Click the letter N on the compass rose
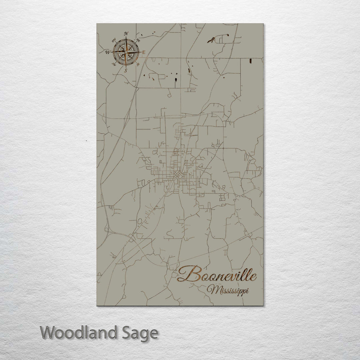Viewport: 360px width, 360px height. coord(126,33)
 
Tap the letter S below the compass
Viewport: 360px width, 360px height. coord(126,70)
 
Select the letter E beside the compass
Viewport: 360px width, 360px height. coord(144,52)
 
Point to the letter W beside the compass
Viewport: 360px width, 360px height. coord(108,52)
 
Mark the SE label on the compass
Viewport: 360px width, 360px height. coord(138,65)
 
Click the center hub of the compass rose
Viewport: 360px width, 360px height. coord(126,52)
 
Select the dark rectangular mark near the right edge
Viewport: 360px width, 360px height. coord(250,61)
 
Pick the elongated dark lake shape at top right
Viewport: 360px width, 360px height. coord(211,40)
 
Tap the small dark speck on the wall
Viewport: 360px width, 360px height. coord(86,141)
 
